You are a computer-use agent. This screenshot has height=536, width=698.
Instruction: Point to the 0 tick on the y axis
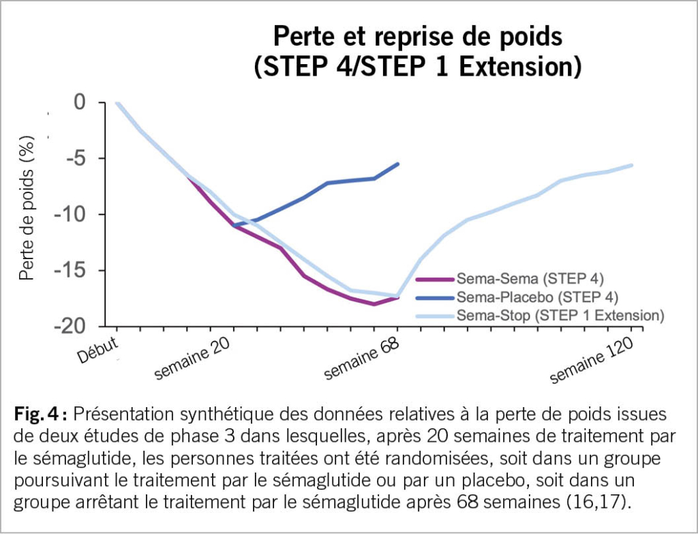coord(81,103)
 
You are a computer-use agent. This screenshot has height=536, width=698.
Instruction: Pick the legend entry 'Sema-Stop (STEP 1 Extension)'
coord(559,315)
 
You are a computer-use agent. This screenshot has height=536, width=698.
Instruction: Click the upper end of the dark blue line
coord(398,164)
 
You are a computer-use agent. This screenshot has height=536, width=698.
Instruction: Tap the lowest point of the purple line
coord(374,304)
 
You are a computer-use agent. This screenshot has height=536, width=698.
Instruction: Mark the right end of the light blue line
coord(632,165)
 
